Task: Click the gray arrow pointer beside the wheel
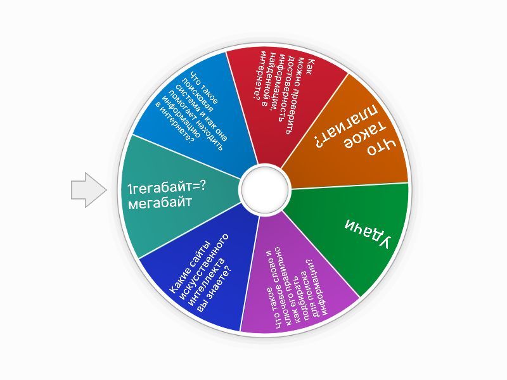89,190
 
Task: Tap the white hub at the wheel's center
265,190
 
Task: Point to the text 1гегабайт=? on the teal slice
167,187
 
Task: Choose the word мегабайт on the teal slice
160,203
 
